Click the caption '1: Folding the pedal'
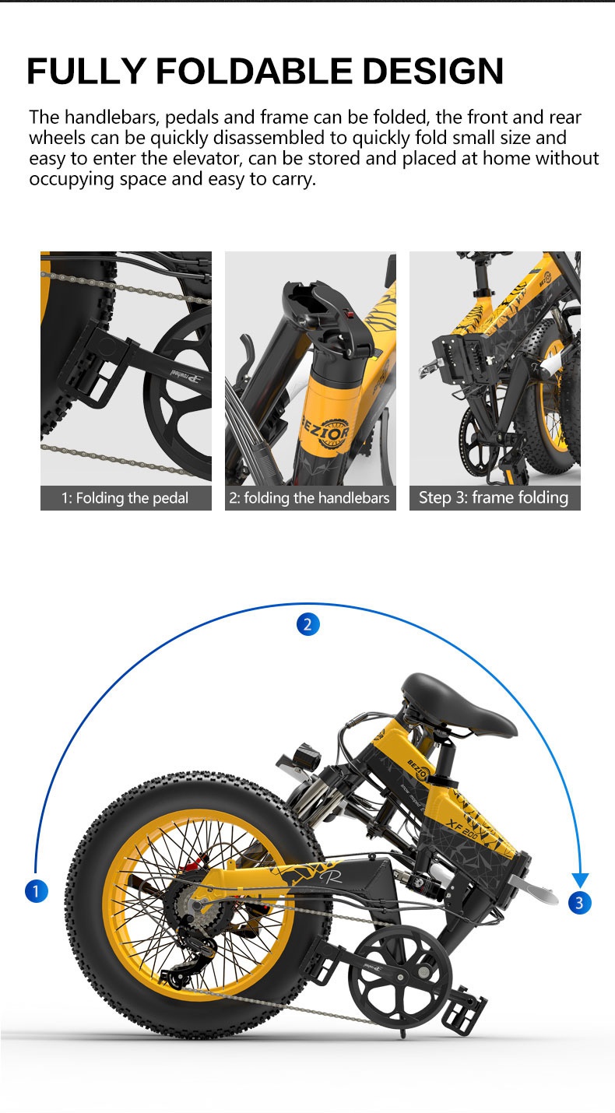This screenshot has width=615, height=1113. (125, 498)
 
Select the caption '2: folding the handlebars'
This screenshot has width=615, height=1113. (310, 498)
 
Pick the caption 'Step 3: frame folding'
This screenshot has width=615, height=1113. (494, 498)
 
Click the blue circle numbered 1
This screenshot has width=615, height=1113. (36, 890)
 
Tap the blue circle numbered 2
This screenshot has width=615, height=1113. (307, 624)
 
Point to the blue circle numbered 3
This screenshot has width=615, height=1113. (579, 902)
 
